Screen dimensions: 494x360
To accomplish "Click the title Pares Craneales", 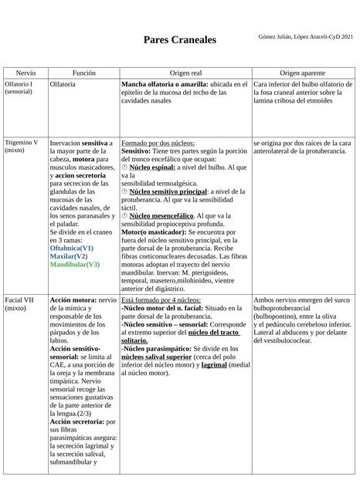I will [x=179, y=39].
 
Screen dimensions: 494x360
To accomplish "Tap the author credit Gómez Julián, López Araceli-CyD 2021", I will [x=305, y=37].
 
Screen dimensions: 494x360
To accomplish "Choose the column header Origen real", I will [x=185, y=72].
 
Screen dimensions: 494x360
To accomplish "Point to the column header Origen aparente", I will [x=302, y=72].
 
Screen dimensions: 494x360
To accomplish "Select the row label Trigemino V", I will [x=22, y=143].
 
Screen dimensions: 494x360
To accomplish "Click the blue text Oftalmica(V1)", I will [x=71, y=249].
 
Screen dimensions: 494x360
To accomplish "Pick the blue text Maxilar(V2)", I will [x=69, y=256].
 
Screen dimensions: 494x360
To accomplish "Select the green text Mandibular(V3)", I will [x=74, y=264].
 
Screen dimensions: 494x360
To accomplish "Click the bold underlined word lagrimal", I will [x=215, y=364].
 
